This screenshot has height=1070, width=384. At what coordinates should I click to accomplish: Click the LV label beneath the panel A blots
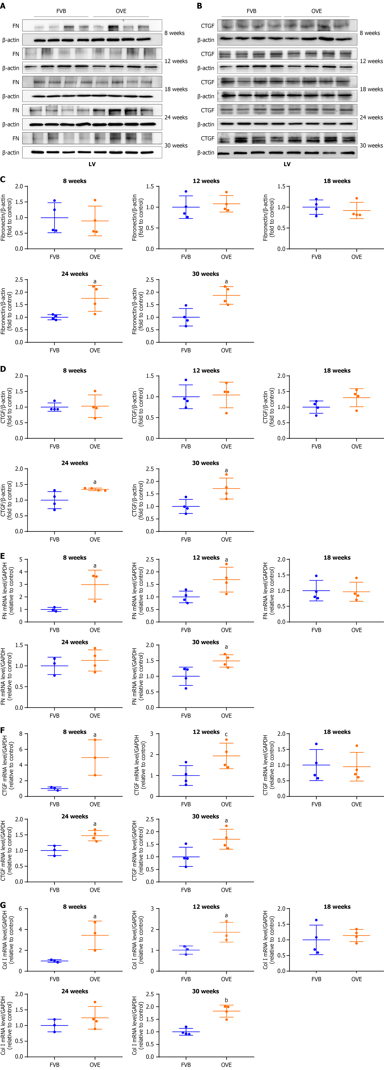pos(92,164)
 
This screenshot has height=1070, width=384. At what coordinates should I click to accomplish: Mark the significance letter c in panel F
pos(226,734)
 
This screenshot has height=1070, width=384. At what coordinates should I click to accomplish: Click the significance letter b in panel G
pos(226,1000)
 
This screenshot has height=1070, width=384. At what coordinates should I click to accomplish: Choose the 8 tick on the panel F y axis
pos(21,734)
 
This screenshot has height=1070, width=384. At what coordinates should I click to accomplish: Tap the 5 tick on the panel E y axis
pos(21,559)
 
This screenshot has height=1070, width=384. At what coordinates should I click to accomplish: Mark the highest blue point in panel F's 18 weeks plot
pos(316,744)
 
